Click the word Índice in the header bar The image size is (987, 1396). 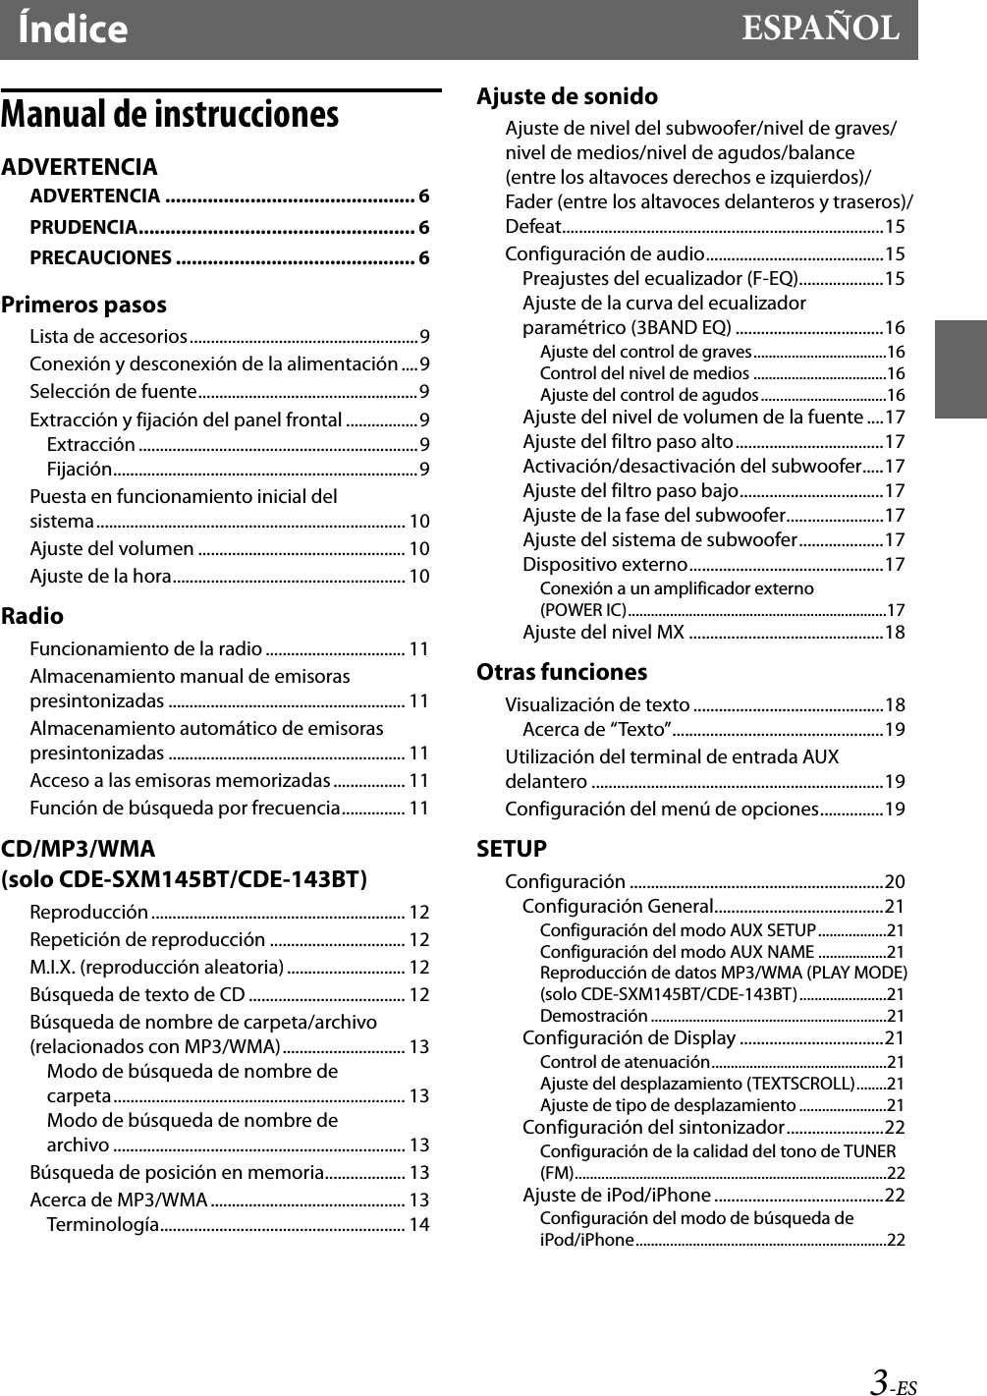coord(73,29)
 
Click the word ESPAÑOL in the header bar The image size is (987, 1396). coord(819,28)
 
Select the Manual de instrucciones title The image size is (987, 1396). coord(170,115)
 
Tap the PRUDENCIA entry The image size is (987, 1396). coord(83,227)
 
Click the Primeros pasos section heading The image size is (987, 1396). coord(83,305)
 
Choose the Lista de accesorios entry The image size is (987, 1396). coord(108,336)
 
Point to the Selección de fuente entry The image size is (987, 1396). coord(113,391)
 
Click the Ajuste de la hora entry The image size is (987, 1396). coord(100,576)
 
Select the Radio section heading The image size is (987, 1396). coord(32,616)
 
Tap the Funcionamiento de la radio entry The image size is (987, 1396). coord(145,648)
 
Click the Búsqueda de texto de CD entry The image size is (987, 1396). coord(137,994)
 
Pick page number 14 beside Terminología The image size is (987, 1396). coord(418,1224)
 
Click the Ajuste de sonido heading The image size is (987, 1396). coord(567,96)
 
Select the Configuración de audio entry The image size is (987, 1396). coord(604,253)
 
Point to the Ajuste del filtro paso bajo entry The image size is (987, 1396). coord(630,490)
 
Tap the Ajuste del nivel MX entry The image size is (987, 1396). coord(603,632)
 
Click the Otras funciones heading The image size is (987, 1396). coord(562,672)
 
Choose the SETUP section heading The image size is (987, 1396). coord(512,849)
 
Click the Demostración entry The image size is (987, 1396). coord(593,1016)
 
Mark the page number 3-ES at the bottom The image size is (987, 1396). coord(892,1382)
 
